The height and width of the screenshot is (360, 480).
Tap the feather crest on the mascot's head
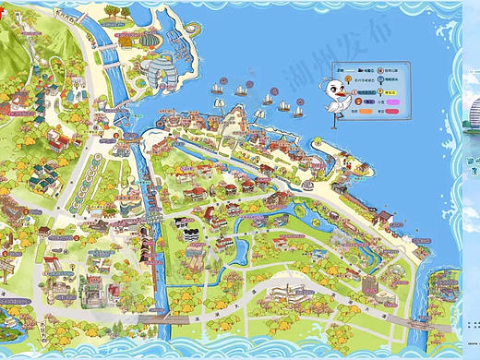[x=327, y=79]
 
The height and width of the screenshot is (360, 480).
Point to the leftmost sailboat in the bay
[x=216, y=88]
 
